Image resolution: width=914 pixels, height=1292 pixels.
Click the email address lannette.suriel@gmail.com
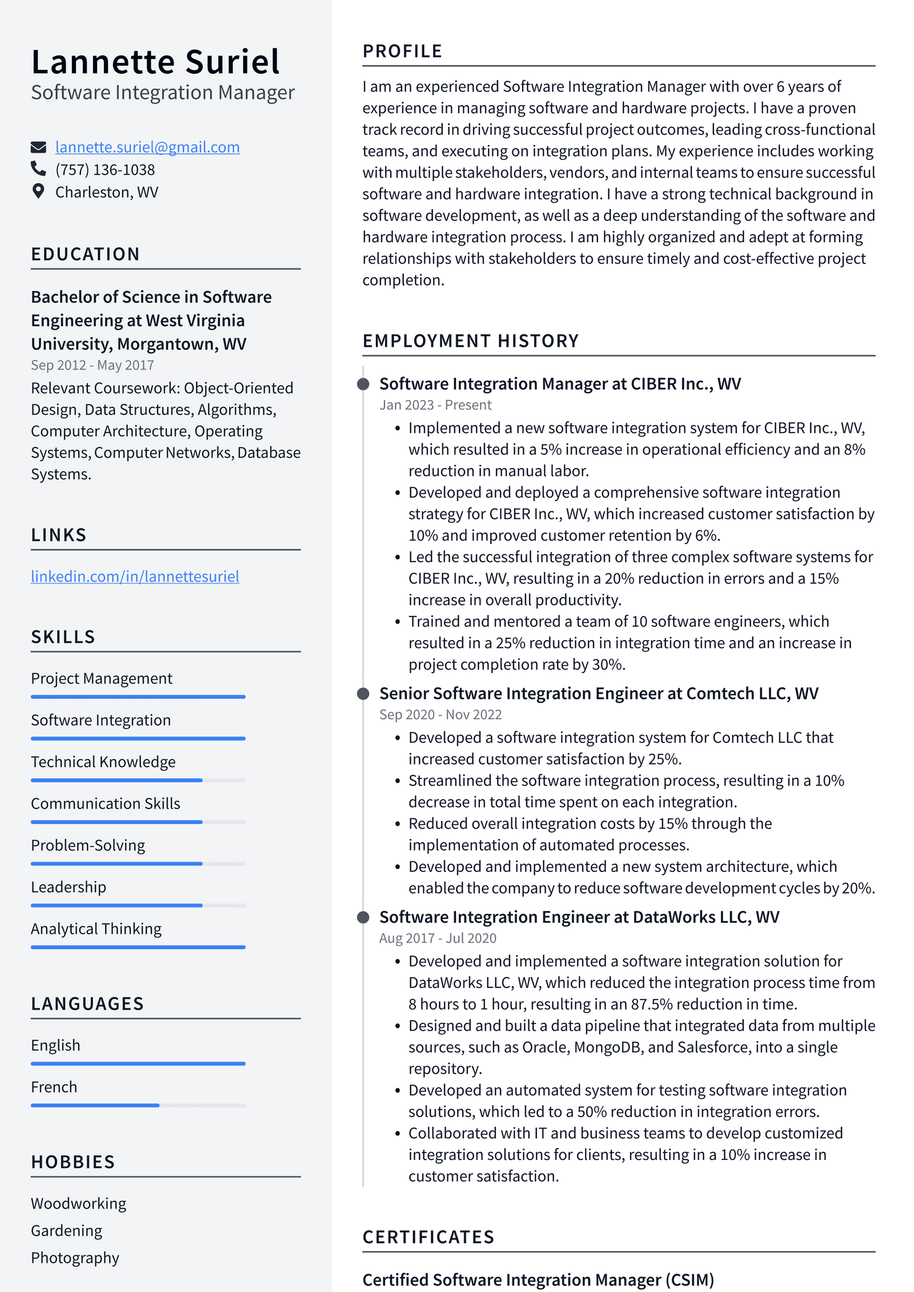tap(147, 147)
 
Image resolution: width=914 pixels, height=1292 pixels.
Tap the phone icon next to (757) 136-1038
tap(38, 169)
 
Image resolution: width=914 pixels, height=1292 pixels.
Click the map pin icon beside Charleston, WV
tap(38, 191)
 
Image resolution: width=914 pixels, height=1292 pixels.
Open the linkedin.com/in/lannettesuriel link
tap(135, 576)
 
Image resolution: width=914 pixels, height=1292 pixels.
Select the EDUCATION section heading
tap(85, 254)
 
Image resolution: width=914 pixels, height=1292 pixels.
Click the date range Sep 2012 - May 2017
tap(93, 365)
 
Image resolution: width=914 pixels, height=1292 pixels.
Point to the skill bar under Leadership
tap(138, 905)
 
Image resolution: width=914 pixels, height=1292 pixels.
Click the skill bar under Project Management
tap(138, 697)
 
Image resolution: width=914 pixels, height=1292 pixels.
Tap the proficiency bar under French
tap(138, 1105)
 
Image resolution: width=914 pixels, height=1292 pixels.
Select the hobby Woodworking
tap(78, 1203)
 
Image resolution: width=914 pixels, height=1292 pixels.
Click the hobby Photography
tap(75, 1258)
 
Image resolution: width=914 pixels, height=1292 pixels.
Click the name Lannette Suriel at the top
tap(155, 62)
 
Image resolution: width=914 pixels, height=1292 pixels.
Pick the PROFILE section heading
tap(402, 51)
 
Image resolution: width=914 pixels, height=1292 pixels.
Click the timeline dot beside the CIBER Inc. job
tap(363, 384)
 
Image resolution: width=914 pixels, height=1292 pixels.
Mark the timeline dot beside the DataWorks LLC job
tap(363, 917)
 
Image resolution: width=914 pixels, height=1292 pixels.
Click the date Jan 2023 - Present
tap(435, 405)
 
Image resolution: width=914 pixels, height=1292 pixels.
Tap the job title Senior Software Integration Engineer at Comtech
tap(598, 693)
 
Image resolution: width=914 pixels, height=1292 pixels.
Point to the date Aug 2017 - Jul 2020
tap(438, 938)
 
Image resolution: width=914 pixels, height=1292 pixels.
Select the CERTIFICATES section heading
tap(428, 1237)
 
